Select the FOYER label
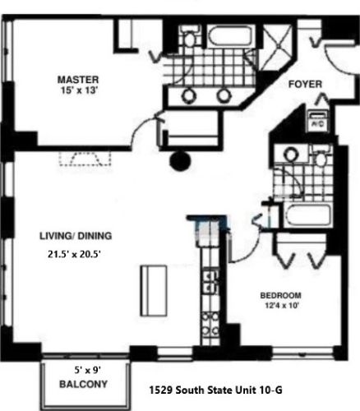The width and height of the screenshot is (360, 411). click(305, 85)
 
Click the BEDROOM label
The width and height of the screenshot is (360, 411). click(280, 296)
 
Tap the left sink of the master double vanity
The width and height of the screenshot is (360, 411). click(189, 95)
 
